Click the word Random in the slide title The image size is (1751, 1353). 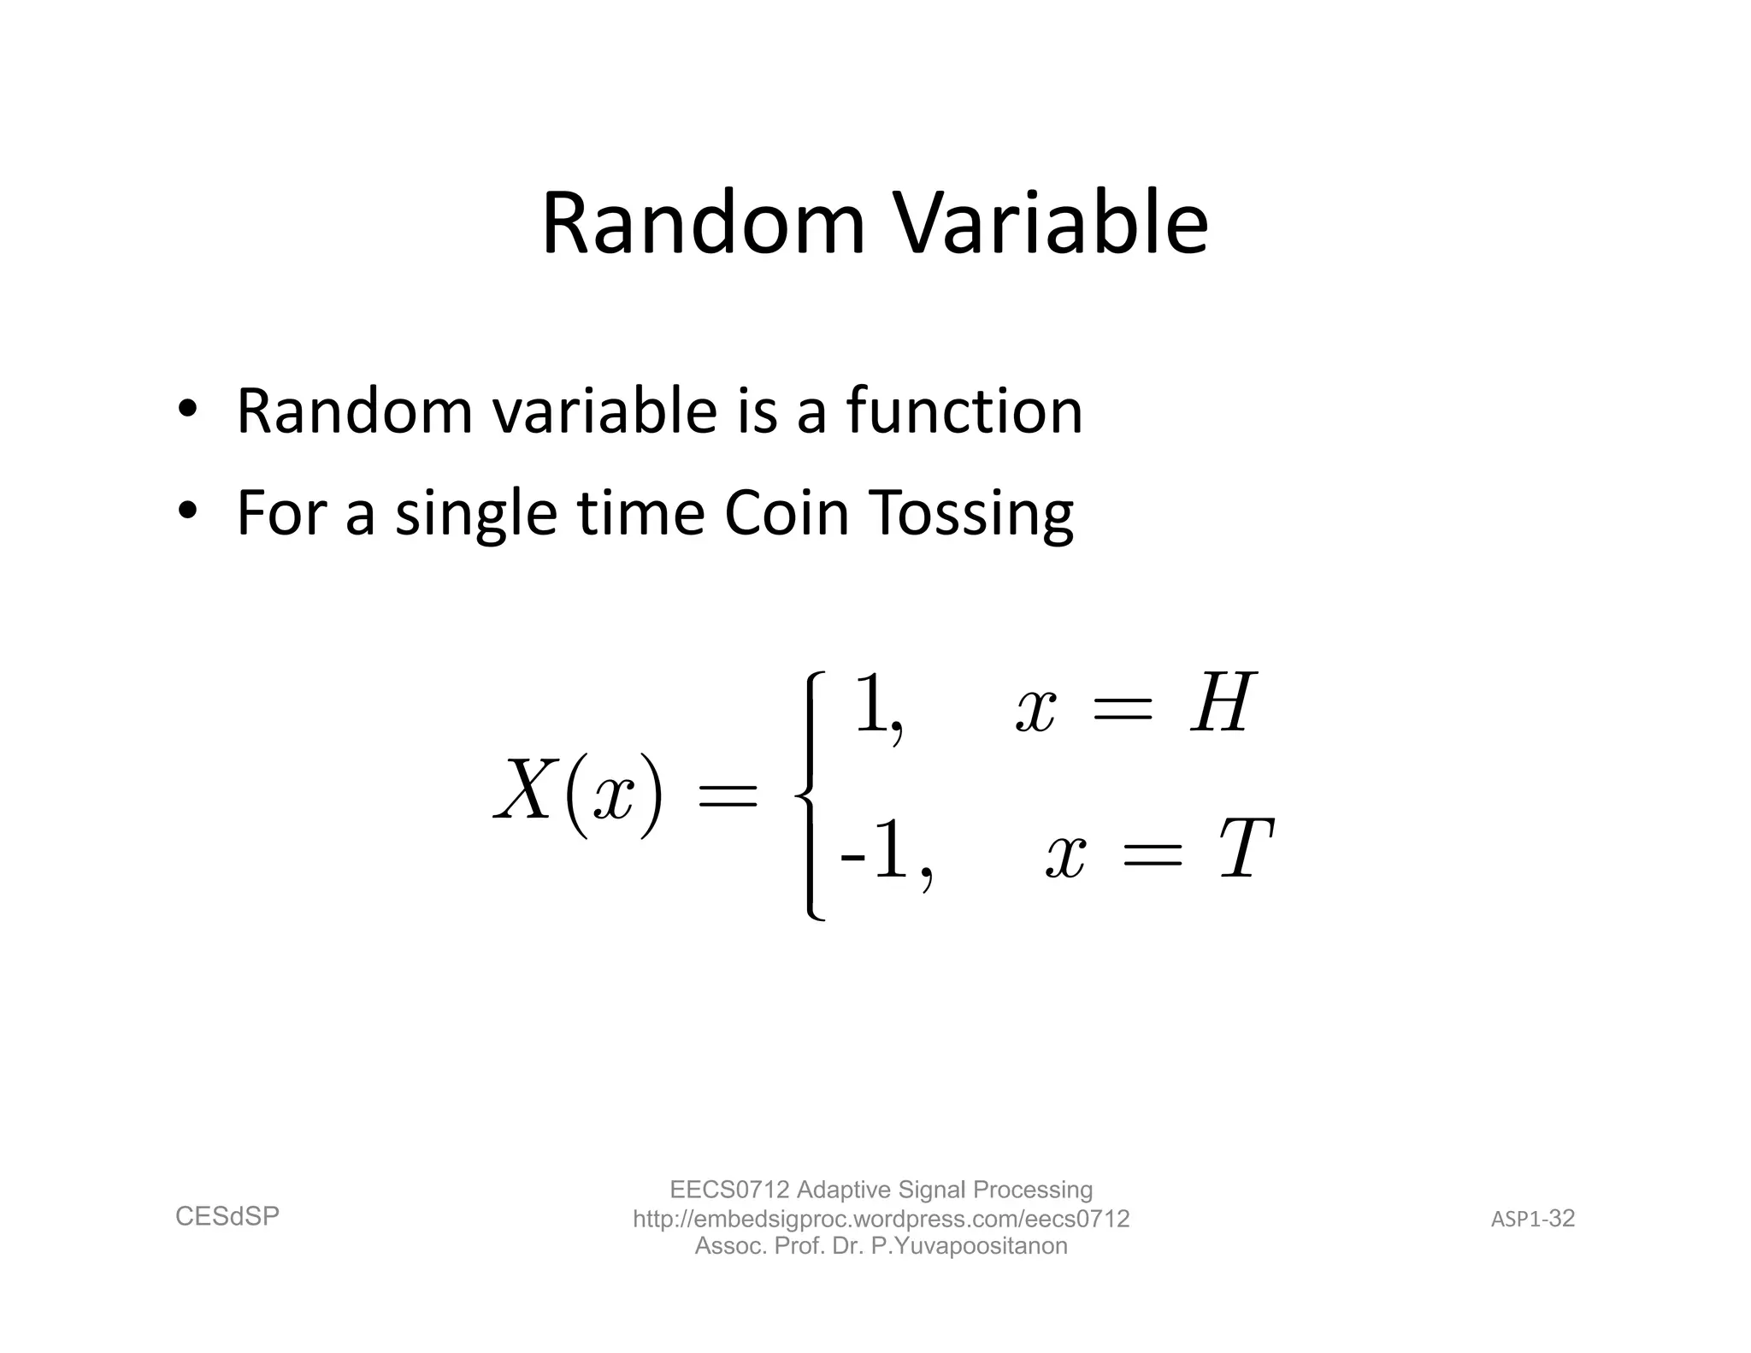pos(704,224)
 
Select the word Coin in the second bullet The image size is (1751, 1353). pos(787,513)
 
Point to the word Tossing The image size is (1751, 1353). pos(971,515)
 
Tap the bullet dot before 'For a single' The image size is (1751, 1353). pos(187,511)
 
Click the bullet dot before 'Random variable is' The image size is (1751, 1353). pos(187,408)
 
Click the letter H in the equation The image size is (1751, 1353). pos(1223,704)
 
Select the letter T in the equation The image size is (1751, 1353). pos(1246,849)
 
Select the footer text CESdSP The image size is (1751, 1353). pos(227,1216)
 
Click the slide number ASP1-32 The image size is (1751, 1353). pos(1533,1219)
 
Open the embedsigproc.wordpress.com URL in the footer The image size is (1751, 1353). pos(881,1219)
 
